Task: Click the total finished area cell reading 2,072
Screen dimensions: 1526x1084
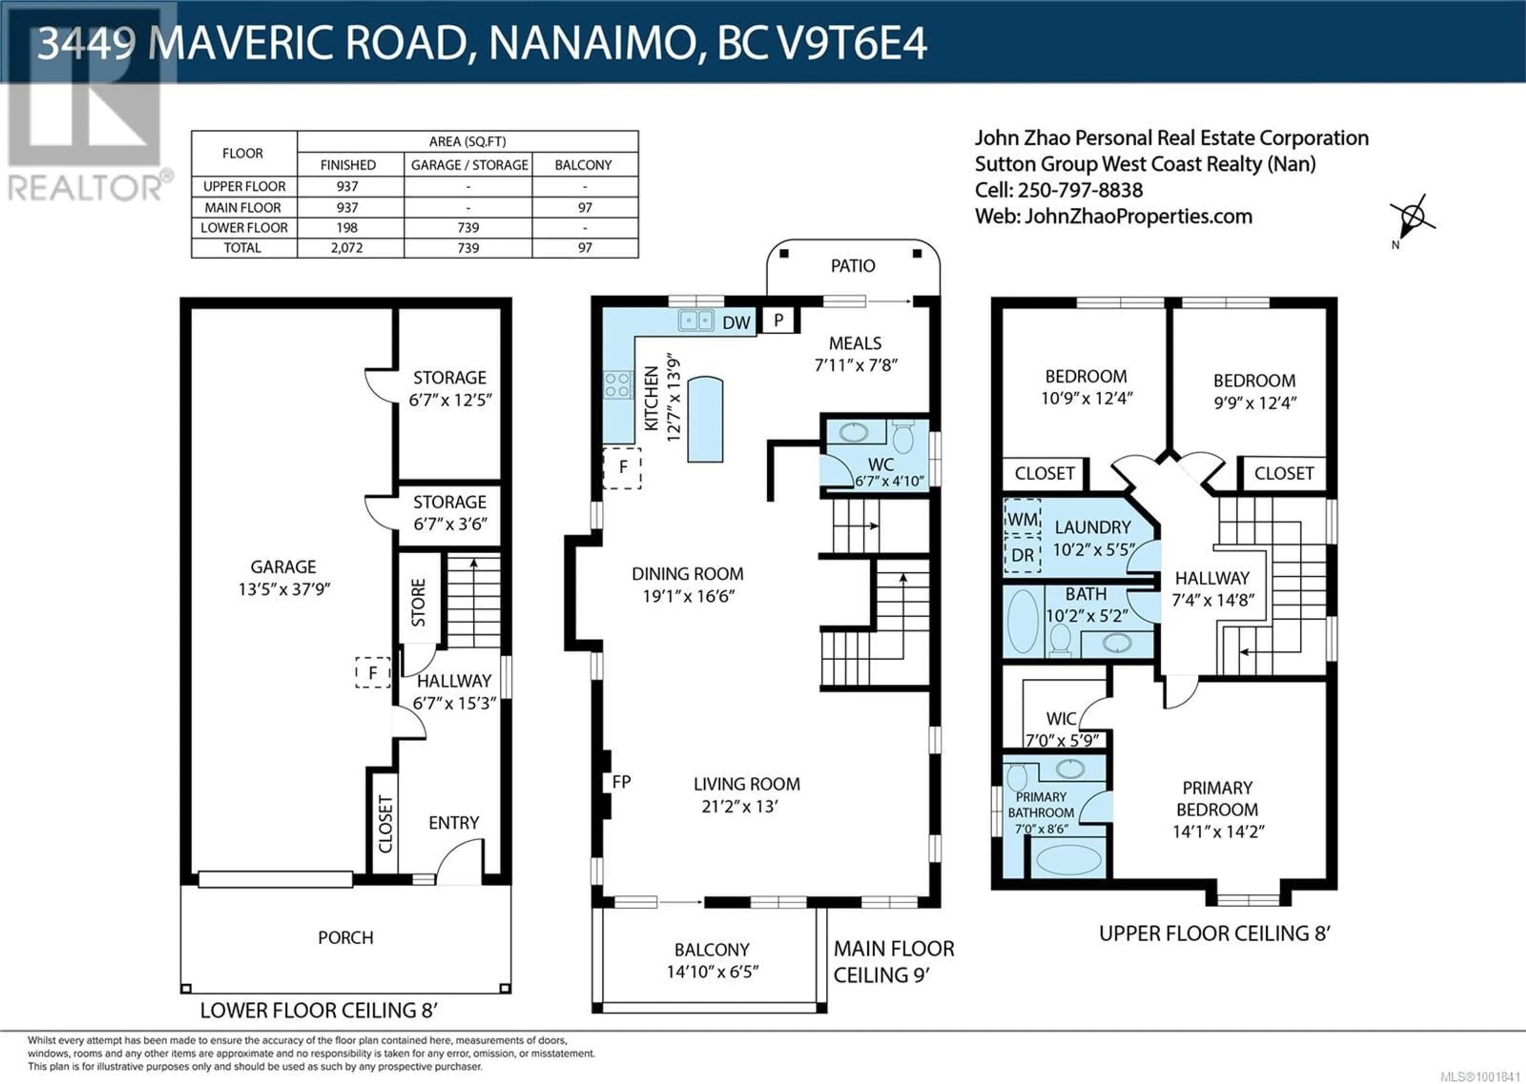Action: coord(347,247)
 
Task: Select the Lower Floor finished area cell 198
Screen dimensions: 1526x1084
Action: coord(347,228)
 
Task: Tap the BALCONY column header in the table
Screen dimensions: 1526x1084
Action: coord(583,165)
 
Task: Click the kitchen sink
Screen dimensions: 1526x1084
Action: coord(696,321)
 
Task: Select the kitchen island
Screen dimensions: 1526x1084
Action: coord(705,419)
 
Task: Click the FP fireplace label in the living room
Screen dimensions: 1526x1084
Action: coord(621,782)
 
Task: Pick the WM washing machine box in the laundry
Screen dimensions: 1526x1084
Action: coord(1022,519)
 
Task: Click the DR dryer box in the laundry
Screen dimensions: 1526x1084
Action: coord(1022,555)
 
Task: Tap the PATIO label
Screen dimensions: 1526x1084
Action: coord(853,266)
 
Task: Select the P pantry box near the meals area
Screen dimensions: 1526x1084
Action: coord(778,321)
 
